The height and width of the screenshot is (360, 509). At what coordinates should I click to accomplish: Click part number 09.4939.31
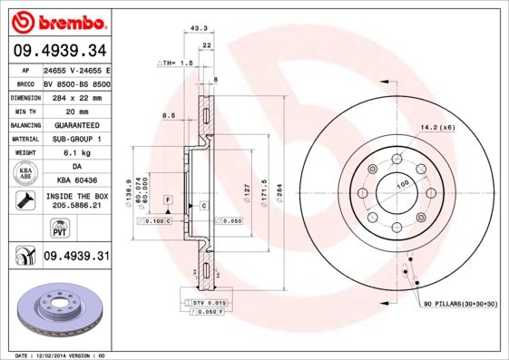[x=76, y=257]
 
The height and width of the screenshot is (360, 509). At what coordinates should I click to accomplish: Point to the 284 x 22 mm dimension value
[x=75, y=96]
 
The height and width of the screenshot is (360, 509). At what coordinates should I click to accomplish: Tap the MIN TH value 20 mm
[x=75, y=110]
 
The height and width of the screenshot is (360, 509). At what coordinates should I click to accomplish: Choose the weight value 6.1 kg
[x=75, y=153]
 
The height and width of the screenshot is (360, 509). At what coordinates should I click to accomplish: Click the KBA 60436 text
[x=75, y=181]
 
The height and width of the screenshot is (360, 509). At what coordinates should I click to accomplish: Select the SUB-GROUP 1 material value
[x=75, y=139]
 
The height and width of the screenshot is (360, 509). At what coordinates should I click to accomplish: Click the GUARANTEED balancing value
[x=75, y=124]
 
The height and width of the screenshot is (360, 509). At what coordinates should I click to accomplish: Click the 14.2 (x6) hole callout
[x=437, y=127]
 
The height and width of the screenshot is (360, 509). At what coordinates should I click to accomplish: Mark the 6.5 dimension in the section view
[x=169, y=115]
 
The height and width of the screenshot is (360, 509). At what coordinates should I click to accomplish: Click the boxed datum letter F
[x=168, y=199]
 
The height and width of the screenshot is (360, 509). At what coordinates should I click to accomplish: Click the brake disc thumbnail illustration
[x=58, y=312]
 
